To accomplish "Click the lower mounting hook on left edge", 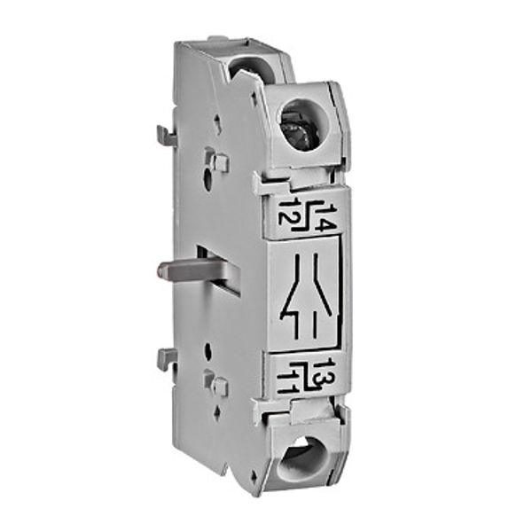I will point(166,358).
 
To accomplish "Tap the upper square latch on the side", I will point(218,162).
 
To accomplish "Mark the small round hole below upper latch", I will point(207,184).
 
